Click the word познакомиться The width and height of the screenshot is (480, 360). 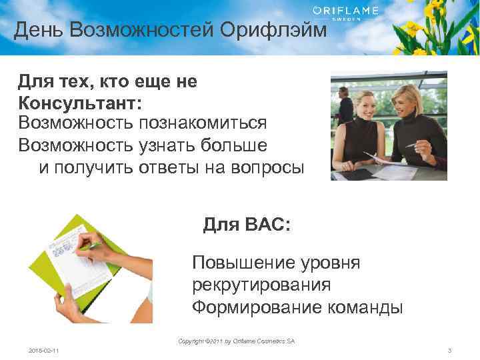point(203,123)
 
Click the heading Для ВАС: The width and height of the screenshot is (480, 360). point(247,225)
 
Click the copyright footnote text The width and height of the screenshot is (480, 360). point(236,341)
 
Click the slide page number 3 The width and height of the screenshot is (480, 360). point(449,351)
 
